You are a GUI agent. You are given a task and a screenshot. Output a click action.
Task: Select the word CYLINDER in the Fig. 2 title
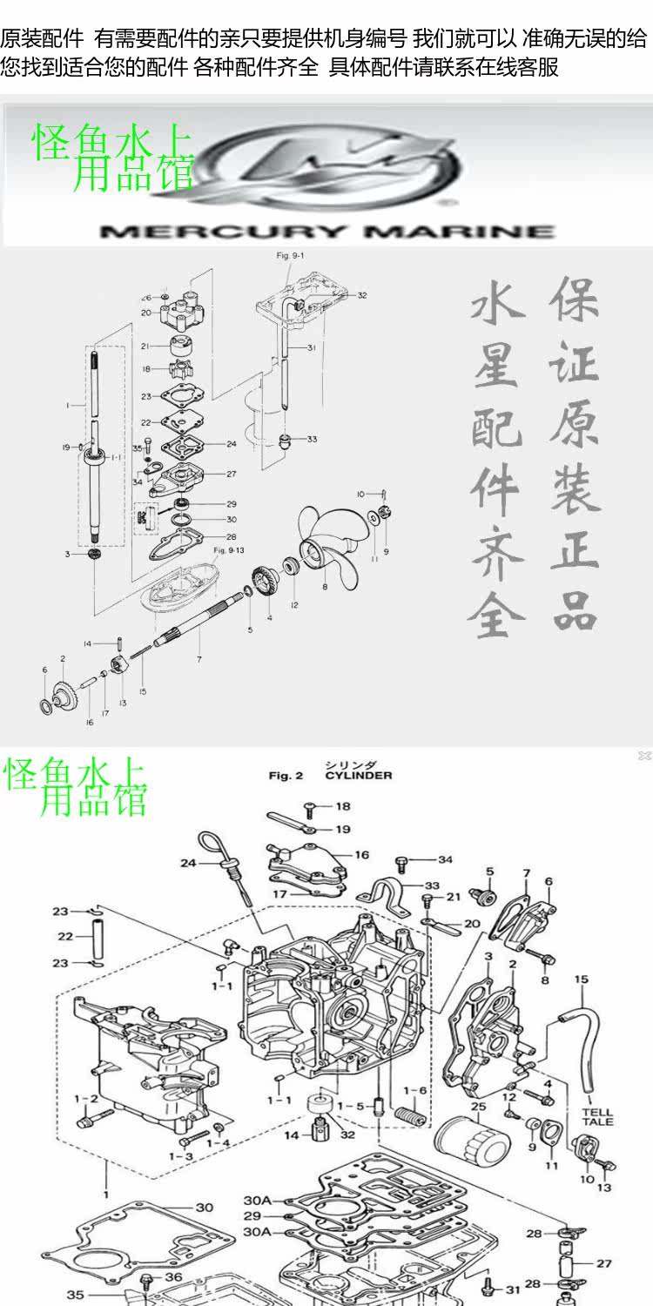click(x=358, y=775)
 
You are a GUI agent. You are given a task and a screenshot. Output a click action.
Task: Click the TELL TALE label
click(x=597, y=1116)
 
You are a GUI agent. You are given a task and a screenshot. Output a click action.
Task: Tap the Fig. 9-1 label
click(x=291, y=255)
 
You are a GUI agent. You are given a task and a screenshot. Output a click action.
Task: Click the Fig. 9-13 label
click(x=230, y=550)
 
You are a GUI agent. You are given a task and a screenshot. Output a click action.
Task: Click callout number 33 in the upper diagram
click(x=312, y=439)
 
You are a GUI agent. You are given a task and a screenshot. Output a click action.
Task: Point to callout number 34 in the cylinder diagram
click(x=445, y=860)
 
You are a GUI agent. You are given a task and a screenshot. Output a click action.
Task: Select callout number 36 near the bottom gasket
click(x=173, y=1277)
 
